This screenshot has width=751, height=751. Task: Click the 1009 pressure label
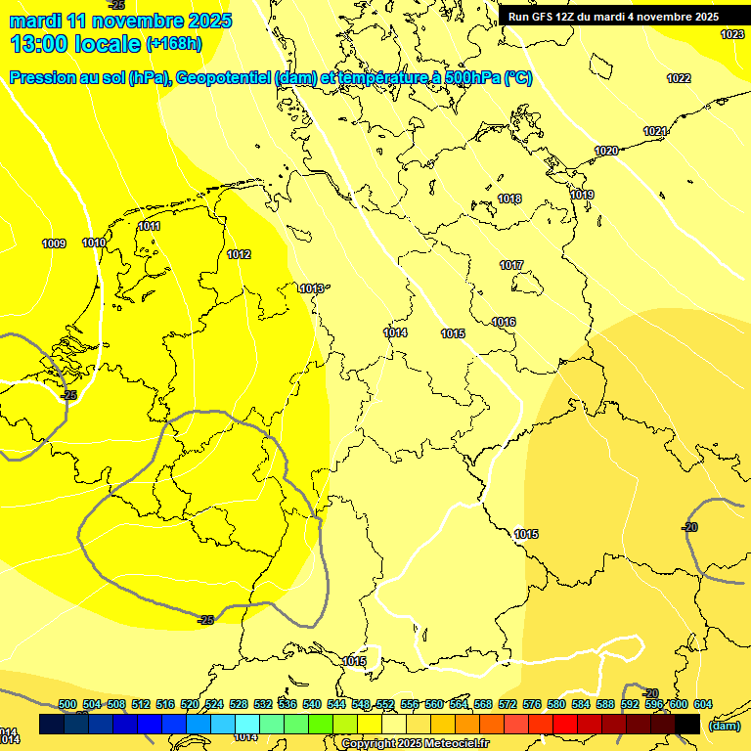tap(54, 243)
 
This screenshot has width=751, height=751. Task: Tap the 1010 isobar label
tap(94, 243)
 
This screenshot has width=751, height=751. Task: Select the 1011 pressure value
tap(149, 227)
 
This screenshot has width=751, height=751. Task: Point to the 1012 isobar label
tap(239, 255)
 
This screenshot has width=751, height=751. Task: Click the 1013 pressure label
tap(312, 288)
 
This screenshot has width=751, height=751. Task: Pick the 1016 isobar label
tap(504, 323)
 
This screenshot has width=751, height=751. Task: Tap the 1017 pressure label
tap(510, 266)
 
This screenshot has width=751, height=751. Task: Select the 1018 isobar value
tap(509, 199)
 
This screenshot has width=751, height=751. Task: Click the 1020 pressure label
tap(606, 152)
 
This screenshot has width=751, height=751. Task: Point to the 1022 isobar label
tap(679, 79)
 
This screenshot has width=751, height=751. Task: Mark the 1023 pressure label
tap(731, 35)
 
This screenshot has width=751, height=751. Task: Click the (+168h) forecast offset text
tap(173, 43)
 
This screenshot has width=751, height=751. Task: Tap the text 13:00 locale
tap(75, 43)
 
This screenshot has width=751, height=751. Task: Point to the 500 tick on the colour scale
tap(67, 704)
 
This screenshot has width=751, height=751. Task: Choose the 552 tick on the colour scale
tap(384, 704)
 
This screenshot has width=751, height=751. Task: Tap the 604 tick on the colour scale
tap(702, 704)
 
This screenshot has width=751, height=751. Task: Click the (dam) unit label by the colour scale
tap(724, 726)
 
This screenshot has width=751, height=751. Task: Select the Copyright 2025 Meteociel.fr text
tap(415, 744)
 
